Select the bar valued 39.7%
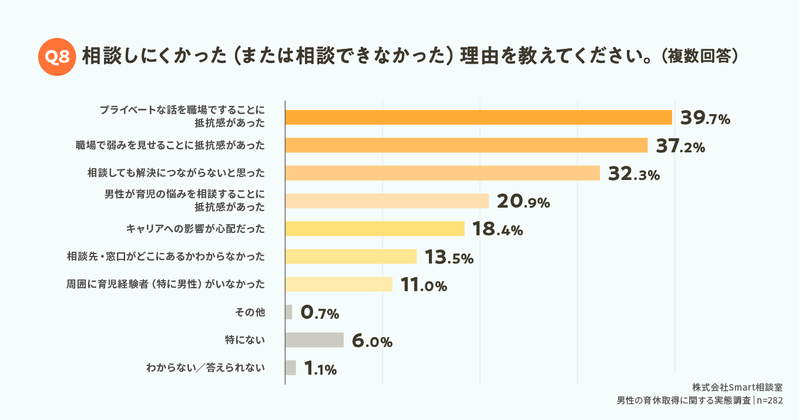click(x=478, y=117)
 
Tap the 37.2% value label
click(x=680, y=146)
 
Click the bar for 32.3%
click(x=442, y=173)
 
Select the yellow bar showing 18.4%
click(x=374, y=229)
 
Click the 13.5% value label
click(x=448, y=257)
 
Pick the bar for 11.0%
click(x=338, y=284)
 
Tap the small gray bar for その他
click(x=288, y=312)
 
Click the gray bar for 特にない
click(x=314, y=340)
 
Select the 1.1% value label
click(x=320, y=369)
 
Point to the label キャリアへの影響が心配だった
click(x=195, y=228)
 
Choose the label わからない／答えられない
click(x=205, y=368)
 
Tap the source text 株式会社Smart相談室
click(x=737, y=388)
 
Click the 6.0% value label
click(x=371, y=341)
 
